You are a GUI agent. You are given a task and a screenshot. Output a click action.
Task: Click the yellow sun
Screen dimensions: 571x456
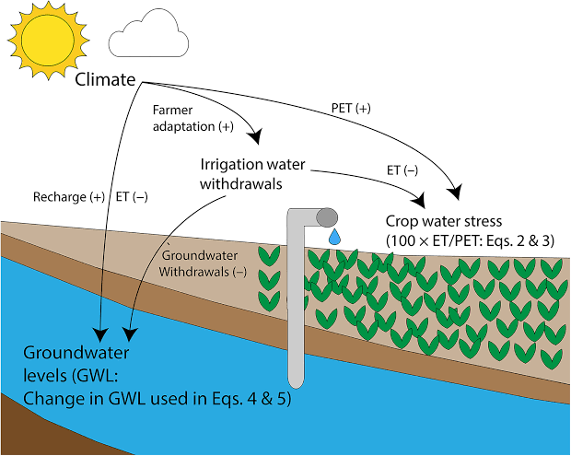point(48,39)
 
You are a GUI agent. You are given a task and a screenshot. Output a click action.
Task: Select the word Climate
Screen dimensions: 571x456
point(105,79)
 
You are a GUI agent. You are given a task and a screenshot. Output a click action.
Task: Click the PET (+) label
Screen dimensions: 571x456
point(351,108)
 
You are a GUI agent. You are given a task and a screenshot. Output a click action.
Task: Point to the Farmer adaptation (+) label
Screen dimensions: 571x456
point(193,118)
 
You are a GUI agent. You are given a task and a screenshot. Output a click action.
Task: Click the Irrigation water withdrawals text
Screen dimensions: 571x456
point(252,174)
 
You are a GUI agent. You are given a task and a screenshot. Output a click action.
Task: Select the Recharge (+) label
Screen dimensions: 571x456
point(69,197)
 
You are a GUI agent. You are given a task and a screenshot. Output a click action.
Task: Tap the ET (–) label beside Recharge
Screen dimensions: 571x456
point(132,197)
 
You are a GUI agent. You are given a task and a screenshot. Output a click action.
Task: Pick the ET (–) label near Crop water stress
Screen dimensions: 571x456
point(402,170)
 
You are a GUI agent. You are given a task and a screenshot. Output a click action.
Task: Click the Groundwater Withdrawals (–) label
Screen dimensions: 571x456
point(202,263)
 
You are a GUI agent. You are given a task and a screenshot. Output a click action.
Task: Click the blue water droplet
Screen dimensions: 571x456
point(334,237)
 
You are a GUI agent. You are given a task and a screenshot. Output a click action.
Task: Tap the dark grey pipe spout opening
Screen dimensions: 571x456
point(327,217)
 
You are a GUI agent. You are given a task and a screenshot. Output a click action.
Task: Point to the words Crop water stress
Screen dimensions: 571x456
point(444,221)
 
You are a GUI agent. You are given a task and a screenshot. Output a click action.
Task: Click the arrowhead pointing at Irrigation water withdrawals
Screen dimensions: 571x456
point(255,136)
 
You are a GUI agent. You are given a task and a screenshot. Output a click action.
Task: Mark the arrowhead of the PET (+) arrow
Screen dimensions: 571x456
point(454,193)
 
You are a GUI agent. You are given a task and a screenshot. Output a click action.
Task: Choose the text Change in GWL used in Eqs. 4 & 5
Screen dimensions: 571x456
point(157,399)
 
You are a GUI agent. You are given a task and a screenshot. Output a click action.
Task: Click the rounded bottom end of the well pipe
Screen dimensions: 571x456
point(296,382)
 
